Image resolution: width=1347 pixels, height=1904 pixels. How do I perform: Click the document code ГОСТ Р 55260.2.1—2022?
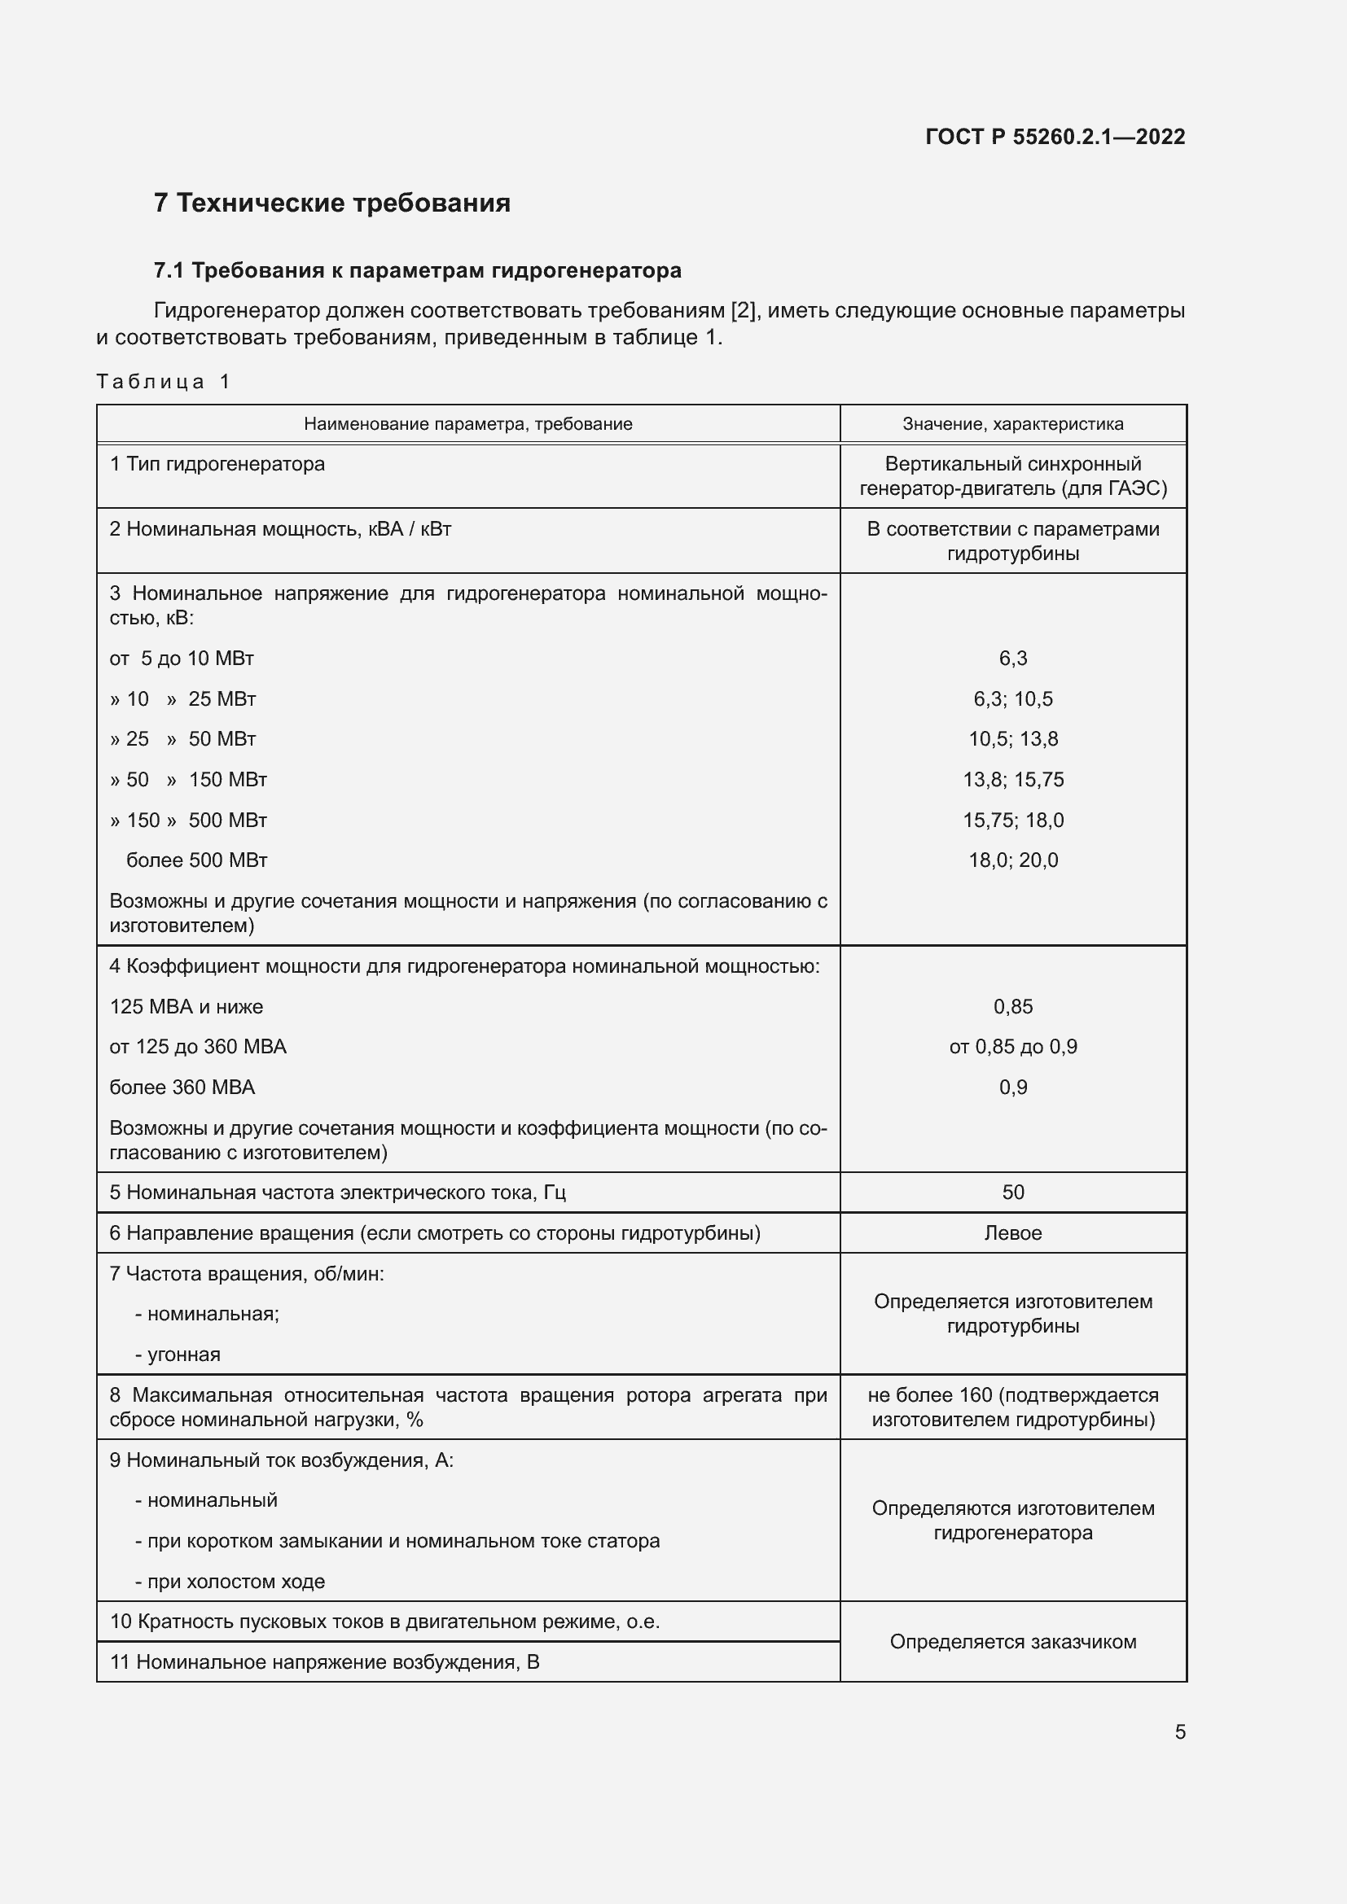[1054, 137]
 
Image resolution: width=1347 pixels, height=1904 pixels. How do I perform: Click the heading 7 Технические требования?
[331, 204]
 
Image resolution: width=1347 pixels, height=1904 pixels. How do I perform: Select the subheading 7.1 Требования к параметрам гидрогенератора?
[417, 270]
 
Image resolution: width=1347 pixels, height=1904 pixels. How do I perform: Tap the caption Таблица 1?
[163, 382]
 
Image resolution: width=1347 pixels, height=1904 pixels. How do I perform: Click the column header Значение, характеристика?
[1013, 424]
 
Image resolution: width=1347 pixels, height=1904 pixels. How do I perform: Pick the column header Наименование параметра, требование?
[467, 424]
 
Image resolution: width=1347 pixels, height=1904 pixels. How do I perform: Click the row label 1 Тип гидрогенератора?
[217, 463]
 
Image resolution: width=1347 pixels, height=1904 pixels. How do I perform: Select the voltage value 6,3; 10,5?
[1013, 698]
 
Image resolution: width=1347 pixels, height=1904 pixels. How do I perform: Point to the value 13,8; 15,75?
[1013, 780]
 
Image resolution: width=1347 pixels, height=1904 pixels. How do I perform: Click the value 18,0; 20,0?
[1013, 860]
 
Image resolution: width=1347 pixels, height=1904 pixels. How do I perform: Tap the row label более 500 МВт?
[196, 860]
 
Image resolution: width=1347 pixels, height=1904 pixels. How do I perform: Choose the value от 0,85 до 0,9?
[1013, 1047]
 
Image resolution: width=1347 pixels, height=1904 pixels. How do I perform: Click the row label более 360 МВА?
[182, 1088]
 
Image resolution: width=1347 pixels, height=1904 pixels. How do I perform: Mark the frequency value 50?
[1013, 1192]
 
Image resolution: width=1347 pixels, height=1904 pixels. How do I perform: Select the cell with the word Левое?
[1013, 1233]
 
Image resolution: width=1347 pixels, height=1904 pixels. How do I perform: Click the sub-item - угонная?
[178, 1355]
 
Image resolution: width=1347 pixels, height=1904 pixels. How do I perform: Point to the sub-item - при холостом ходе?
[230, 1581]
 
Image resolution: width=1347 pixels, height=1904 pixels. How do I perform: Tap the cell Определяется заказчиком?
[1013, 1641]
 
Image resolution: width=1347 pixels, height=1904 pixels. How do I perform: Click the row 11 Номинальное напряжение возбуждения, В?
[324, 1662]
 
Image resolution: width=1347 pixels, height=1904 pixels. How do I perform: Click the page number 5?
[1179, 1731]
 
